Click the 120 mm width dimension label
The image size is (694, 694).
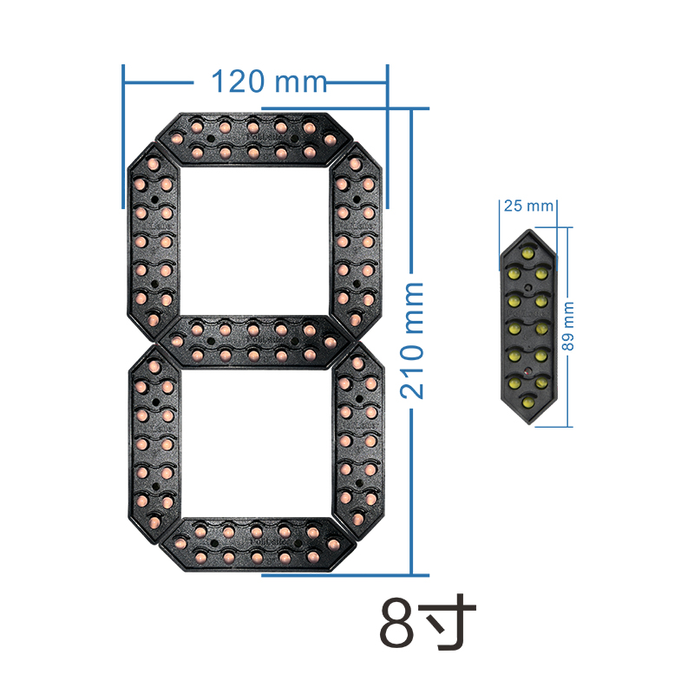point(269,82)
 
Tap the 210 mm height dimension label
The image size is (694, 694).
point(412,340)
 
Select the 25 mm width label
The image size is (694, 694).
point(528,206)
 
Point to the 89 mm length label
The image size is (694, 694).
point(568,326)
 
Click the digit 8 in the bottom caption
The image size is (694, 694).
point(396,623)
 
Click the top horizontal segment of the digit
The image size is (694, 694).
point(254,140)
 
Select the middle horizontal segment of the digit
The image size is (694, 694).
point(254,342)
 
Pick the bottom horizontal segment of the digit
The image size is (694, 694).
point(257,544)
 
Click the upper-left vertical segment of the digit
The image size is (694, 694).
point(154,242)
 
